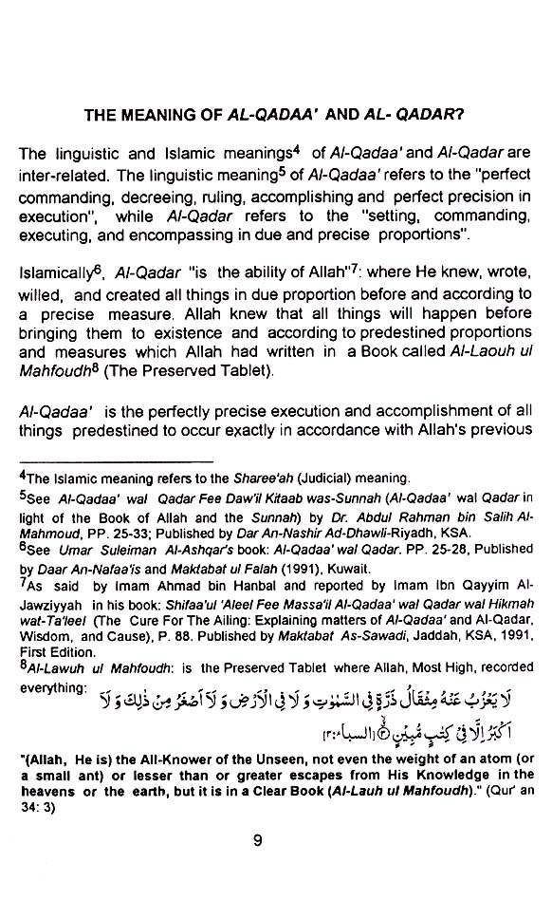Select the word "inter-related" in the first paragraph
pyautogui.click(x=62, y=177)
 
